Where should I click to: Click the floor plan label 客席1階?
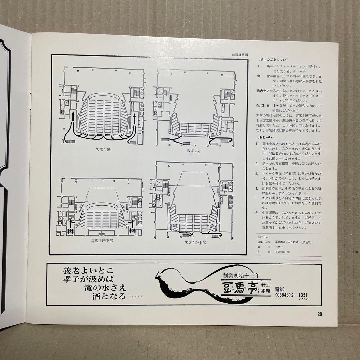pos(102,150)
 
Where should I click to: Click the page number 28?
pos(320,314)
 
